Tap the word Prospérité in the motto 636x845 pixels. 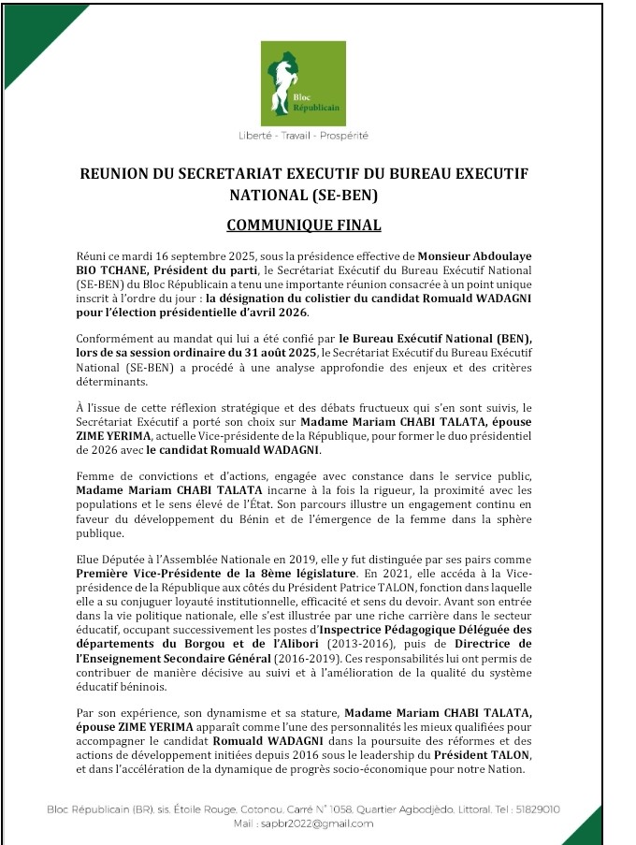click(344, 136)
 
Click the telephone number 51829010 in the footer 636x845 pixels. click(535, 809)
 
